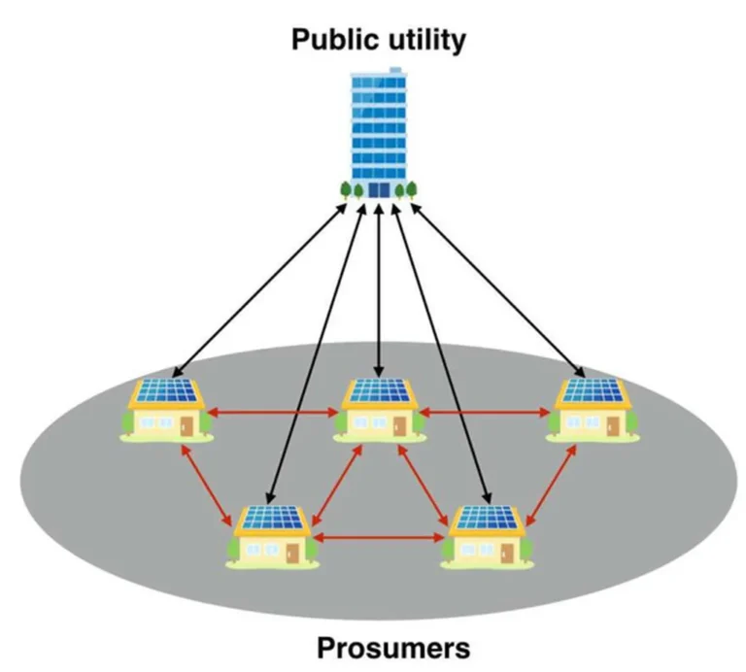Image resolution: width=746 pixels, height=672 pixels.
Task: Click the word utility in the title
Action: [x=427, y=41]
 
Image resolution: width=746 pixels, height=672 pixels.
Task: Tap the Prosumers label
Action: [x=393, y=648]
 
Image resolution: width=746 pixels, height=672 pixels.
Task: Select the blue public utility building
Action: [x=379, y=133]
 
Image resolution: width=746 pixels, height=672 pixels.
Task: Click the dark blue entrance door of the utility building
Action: [x=379, y=189]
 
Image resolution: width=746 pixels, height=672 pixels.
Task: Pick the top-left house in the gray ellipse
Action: [x=166, y=410]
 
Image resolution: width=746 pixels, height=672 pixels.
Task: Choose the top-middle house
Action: [x=379, y=410]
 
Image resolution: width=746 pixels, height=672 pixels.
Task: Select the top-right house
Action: [x=593, y=410]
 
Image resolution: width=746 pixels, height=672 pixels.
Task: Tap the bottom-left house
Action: [x=273, y=537]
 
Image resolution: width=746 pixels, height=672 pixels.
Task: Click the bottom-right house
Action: [x=486, y=537]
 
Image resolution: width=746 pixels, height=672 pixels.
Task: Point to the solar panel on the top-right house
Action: [x=593, y=390]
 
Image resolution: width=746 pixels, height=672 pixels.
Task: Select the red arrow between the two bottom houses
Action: [x=379, y=538]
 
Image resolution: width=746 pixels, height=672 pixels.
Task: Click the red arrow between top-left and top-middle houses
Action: [x=273, y=413]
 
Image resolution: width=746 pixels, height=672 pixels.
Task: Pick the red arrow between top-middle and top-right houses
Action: [x=486, y=413]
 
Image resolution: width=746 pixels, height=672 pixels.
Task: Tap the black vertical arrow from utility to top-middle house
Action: [x=379, y=290]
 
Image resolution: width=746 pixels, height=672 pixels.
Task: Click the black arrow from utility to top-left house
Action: [x=259, y=290]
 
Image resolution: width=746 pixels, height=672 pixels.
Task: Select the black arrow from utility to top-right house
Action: [x=498, y=290]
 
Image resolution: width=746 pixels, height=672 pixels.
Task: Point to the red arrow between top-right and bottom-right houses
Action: [x=551, y=486]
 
